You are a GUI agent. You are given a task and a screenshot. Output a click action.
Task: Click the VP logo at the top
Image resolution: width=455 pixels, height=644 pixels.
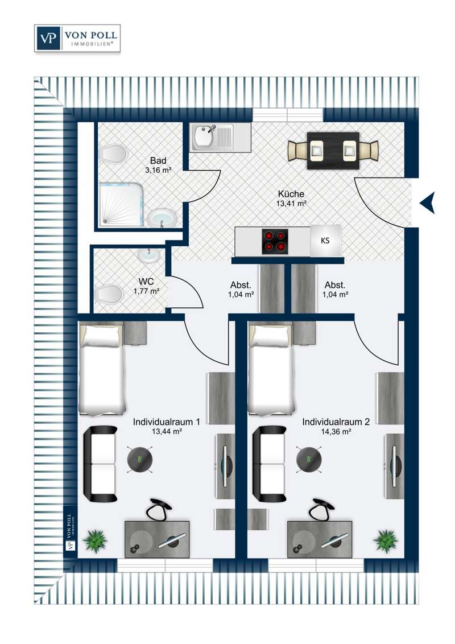tap(48, 38)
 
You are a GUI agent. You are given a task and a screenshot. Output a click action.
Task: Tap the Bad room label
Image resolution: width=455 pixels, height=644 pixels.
tap(158, 160)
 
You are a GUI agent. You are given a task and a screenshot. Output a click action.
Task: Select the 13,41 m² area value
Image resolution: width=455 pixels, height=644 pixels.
tap(292, 203)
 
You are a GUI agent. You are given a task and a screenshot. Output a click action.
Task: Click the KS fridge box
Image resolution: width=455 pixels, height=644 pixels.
tap(325, 241)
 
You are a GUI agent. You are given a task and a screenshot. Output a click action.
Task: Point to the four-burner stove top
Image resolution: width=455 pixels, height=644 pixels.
tap(275, 241)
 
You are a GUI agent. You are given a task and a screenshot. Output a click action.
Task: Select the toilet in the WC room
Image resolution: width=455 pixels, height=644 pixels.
tap(109, 294)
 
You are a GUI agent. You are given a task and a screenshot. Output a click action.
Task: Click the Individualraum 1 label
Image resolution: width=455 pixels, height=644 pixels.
tap(166, 422)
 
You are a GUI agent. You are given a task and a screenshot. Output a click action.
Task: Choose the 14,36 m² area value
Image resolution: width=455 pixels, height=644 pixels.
tap(336, 432)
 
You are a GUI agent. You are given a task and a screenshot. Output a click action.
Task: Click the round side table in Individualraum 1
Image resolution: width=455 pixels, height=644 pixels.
tap(140, 459)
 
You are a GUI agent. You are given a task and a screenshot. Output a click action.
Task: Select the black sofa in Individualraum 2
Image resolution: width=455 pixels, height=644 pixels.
tap(269, 464)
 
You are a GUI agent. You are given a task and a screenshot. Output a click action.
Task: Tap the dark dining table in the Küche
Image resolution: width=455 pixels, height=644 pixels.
tap(333, 151)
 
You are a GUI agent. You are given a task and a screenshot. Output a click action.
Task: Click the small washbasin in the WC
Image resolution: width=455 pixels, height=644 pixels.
tap(148, 256)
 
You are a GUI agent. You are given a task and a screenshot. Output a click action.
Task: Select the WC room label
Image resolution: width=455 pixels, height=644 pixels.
tap(146, 282)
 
